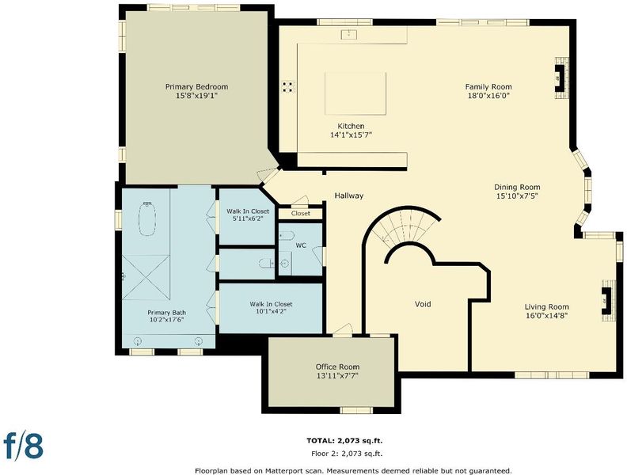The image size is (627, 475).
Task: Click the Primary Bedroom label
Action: pyautogui.click(x=197, y=87)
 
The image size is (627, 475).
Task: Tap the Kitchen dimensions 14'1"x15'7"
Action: pyautogui.click(x=351, y=135)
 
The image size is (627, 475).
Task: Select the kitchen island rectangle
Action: pyautogui.click(x=355, y=93)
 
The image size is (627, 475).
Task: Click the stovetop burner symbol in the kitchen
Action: pyautogui.click(x=288, y=87)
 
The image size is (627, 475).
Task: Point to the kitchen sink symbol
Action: pyautogui.click(x=348, y=34)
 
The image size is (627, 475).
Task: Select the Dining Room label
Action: pyautogui.click(x=517, y=187)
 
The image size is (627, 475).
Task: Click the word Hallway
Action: pyautogui.click(x=349, y=196)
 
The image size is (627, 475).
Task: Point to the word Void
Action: pyautogui.click(x=423, y=304)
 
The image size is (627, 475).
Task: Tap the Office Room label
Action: pyautogui.click(x=337, y=367)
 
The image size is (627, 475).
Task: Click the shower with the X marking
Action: pyautogui.click(x=146, y=278)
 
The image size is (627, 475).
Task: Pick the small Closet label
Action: pyautogui.click(x=301, y=214)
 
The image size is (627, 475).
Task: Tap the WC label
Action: pyautogui.click(x=301, y=245)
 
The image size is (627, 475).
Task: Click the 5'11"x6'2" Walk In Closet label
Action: pyautogui.click(x=248, y=215)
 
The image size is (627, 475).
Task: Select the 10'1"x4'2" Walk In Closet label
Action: pyautogui.click(x=271, y=307)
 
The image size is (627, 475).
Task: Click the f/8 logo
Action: pyautogui.click(x=23, y=445)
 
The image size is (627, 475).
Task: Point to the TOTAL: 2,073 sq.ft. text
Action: pyautogui.click(x=344, y=441)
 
